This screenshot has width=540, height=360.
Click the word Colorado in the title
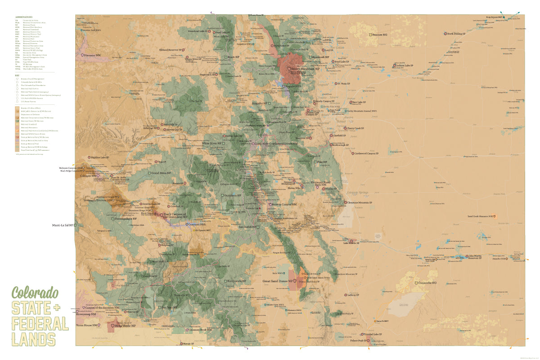click(35, 293)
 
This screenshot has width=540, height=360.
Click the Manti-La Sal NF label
click(62, 225)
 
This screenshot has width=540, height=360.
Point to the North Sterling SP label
click(457, 34)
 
